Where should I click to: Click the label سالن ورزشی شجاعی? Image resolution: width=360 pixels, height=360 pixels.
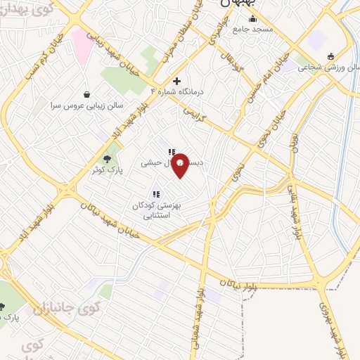click(x=329, y=68)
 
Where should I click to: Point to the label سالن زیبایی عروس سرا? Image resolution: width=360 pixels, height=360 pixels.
click(x=78, y=106)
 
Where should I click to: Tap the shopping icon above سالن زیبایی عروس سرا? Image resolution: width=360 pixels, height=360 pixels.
click(x=86, y=94)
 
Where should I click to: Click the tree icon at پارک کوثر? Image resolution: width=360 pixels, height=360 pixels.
click(x=107, y=158)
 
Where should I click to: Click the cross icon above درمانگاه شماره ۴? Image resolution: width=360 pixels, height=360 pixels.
click(x=177, y=81)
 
